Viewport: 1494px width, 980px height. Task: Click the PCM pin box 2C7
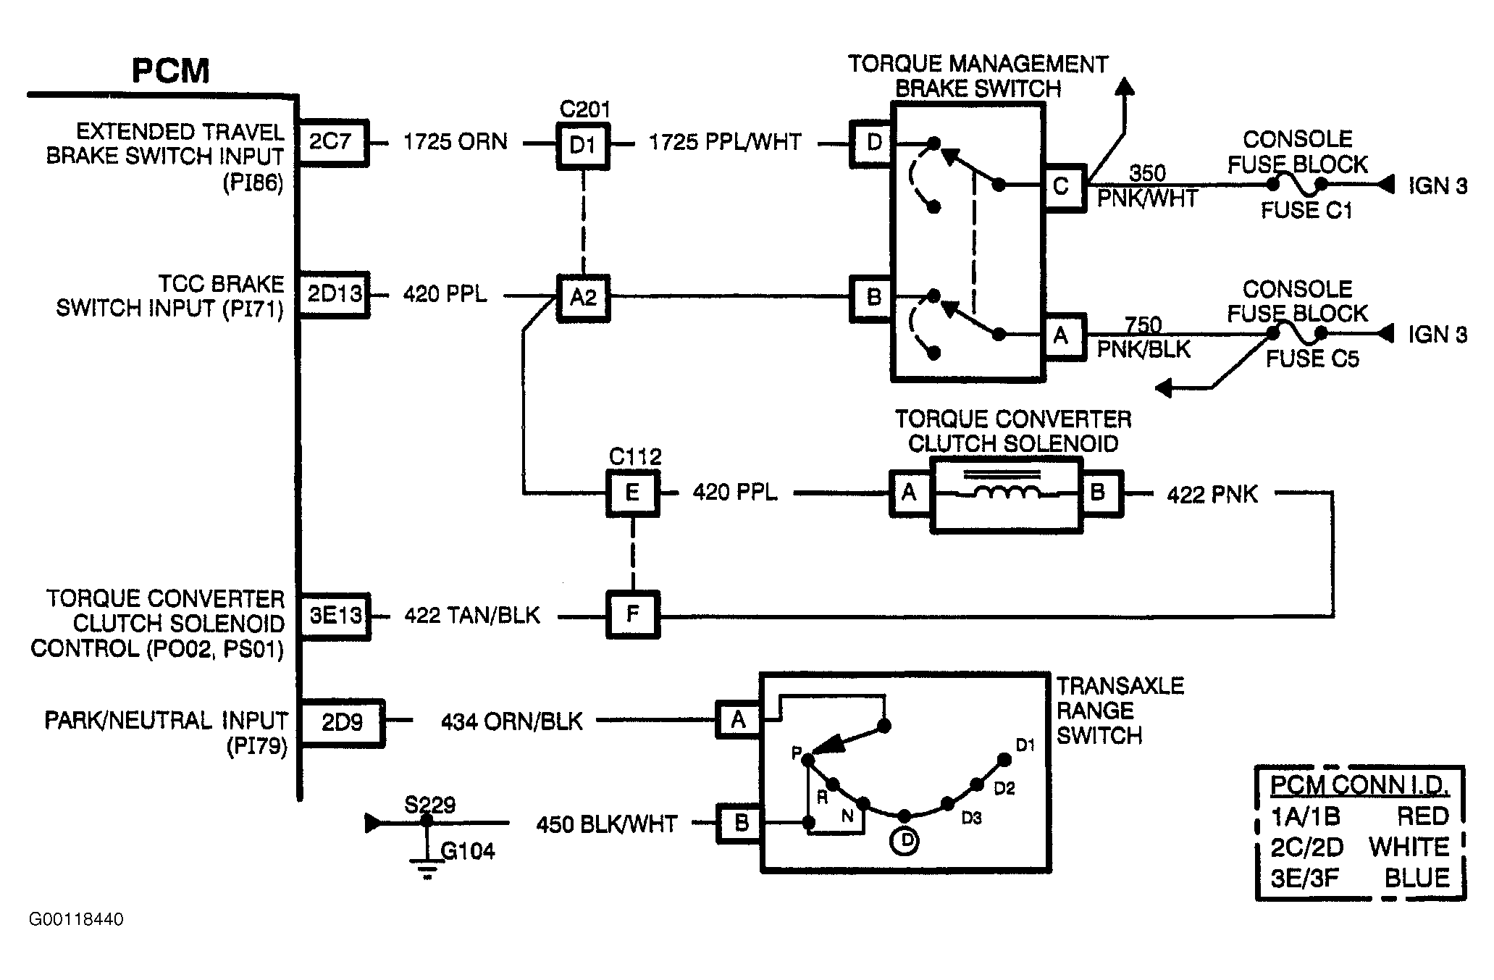point(333,143)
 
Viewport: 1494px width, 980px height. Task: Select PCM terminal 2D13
point(334,294)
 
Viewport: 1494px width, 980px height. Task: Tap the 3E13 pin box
point(335,616)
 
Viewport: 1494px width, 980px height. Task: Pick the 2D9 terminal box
point(342,722)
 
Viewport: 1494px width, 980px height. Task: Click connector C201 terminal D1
point(583,146)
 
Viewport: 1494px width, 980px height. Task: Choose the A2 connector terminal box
point(583,297)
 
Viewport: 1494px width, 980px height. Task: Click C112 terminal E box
point(633,493)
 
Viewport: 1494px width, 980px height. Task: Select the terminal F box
point(633,615)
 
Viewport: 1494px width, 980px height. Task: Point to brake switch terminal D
point(873,143)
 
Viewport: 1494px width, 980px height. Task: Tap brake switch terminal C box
point(1062,188)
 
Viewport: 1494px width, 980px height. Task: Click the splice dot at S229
point(427,821)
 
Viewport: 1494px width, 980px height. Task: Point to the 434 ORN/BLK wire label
point(512,721)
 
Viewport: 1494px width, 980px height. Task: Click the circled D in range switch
point(905,841)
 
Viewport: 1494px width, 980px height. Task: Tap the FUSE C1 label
point(1306,211)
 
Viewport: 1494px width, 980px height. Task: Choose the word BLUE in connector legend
point(1417,878)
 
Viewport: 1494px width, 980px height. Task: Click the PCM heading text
point(171,71)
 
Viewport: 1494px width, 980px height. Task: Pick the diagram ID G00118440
point(76,919)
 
